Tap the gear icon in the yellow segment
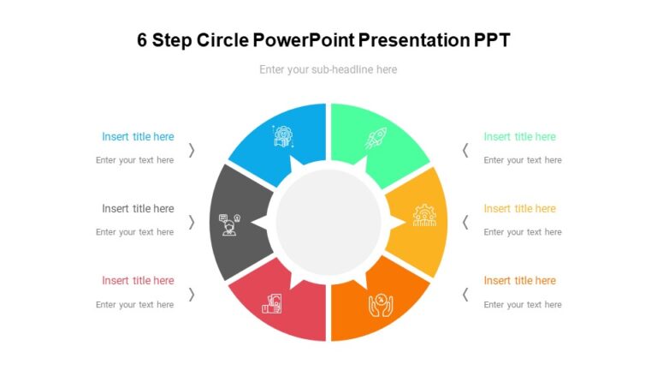coord(424,215)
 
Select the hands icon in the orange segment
coord(380,304)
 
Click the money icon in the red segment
coord(275,304)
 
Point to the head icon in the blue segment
coord(283,136)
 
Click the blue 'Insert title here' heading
coord(138,137)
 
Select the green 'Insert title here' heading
coord(519,137)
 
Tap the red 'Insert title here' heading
coord(138,281)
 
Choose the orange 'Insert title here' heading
coord(519,281)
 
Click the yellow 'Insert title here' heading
coord(519,209)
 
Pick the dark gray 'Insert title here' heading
coord(138,209)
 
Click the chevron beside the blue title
coord(192,150)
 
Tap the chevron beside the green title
coord(465,150)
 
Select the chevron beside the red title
coord(192,294)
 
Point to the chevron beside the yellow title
coord(465,222)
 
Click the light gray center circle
coord(328,222)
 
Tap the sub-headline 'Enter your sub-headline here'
coord(328,69)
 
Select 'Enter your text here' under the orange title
coord(523,304)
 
